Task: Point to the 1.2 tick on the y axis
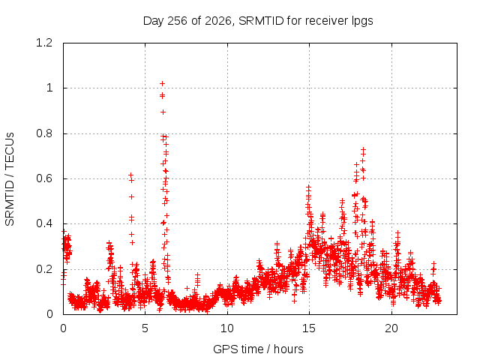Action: pyautogui.click(x=44, y=43)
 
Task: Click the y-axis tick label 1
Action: pyautogui.click(x=49, y=88)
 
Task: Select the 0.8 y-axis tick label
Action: pyautogui.click(x=44, y=133)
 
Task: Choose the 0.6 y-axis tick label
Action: pyautogui.click(x=44, y=178)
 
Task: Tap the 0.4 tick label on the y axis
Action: pyautogui.click(x=44, y=223)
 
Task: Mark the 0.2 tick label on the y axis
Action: pyautogui.click(x=44, y=269)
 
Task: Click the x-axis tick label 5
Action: pyautogui.click(x=145, y=328)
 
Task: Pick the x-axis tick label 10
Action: pyautogui.click(x=227, y=328)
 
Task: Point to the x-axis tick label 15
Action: pyautogui.click(x=309, y=328)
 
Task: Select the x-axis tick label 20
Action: pyautogui.click(x=391, y=328)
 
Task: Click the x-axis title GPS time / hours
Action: pyautogui.click(x=258, y=349)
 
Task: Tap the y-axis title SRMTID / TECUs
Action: pyautogui.click(x=10, y=179)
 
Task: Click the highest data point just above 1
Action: pyautogui.click(x=163, y=83)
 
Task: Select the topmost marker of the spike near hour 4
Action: pyautogui.click(x=130, y=175)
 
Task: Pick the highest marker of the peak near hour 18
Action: pyautogui.click(x=363, y=150)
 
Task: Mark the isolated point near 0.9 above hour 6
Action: pyautogui.click(x=163, y=112)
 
